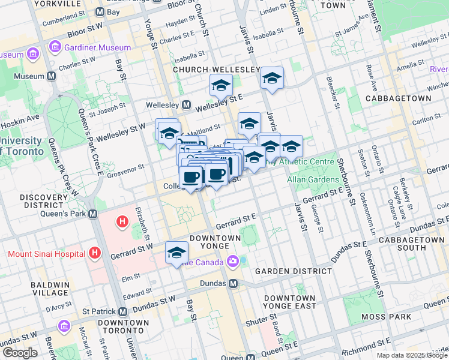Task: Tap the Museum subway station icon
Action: point(51,77)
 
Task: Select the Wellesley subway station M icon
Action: point(187,106)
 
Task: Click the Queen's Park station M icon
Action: point(93,214)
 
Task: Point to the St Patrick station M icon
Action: point(122,311)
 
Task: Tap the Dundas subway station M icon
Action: point(233,283)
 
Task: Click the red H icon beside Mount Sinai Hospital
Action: point(94,253)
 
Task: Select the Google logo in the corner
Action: point(20,353)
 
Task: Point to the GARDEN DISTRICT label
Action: point(293,271)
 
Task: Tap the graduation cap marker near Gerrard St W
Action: point(176,253)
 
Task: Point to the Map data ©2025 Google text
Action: point(412,355)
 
